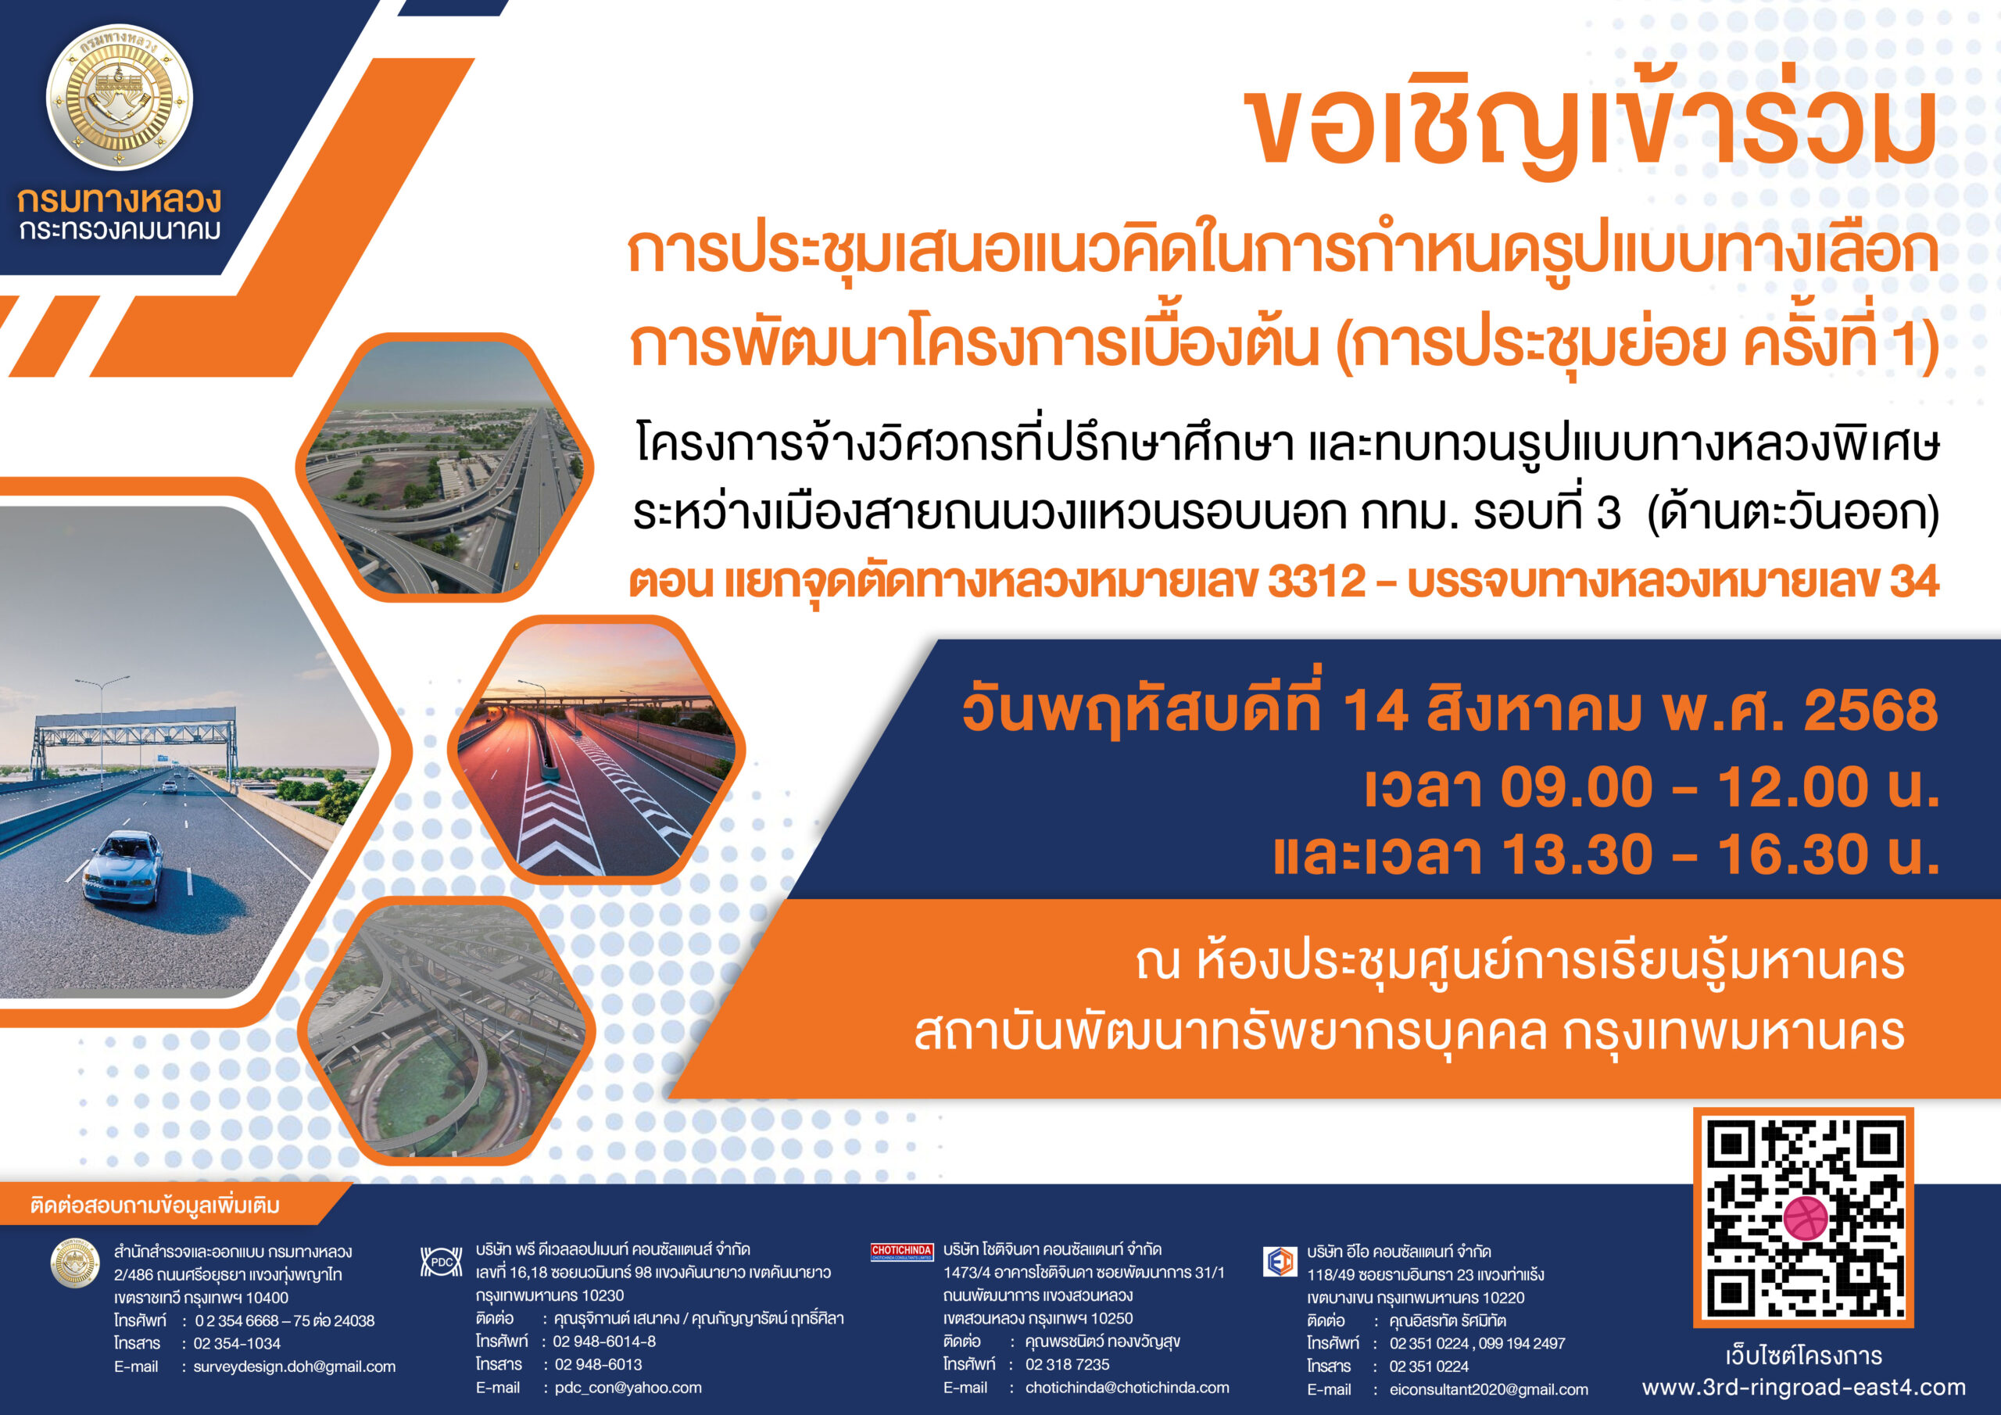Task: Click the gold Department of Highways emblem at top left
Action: (120, 97)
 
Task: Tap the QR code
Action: (1803, 1218)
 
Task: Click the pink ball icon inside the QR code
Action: (1805, 1220)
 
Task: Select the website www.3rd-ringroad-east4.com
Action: (1804, 1387)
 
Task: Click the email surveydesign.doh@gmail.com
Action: (295, 1367)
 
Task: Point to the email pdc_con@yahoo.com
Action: (628, 1388)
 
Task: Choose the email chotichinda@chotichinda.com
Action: (1127, 1388)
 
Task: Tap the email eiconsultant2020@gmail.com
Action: (1488, 1390)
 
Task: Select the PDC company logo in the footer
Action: (442, 1262)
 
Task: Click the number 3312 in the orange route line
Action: (1316, 582)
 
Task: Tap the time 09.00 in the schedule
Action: (1577, 787)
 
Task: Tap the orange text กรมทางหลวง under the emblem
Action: (120, 201)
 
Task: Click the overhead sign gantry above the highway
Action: (135, 728)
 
